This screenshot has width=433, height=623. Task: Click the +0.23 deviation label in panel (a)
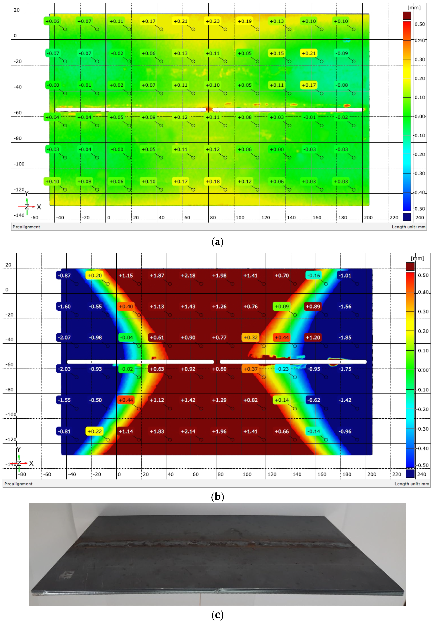(212, 21)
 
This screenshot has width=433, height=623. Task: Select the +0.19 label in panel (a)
(244, 21)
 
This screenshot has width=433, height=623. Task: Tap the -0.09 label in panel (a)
(341, 53)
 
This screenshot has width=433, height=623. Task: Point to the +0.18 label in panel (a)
(212, 181)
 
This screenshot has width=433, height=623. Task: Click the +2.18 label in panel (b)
(188, 275)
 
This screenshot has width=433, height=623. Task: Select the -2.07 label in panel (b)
(64, 337)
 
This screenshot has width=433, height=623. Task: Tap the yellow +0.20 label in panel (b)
(94, 275)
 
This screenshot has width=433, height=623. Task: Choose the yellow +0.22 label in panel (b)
(94, 431)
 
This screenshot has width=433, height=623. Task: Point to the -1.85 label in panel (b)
(345, 337)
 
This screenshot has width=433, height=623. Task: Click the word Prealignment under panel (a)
(26, 227)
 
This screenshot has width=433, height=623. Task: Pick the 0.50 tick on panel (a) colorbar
(419, 24)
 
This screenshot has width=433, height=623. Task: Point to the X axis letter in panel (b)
(31, 463)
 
